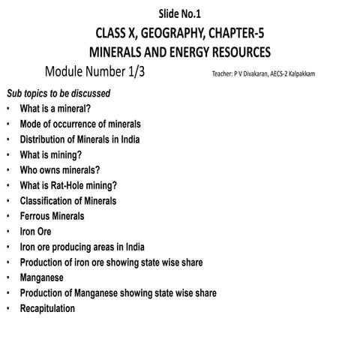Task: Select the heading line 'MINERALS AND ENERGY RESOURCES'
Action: pos(179,53)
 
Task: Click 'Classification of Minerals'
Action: pos(68,201)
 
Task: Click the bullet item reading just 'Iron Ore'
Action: pos(35,232)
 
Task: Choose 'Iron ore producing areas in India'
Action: pos(82,247)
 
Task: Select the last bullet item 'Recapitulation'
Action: pos(47,308)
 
